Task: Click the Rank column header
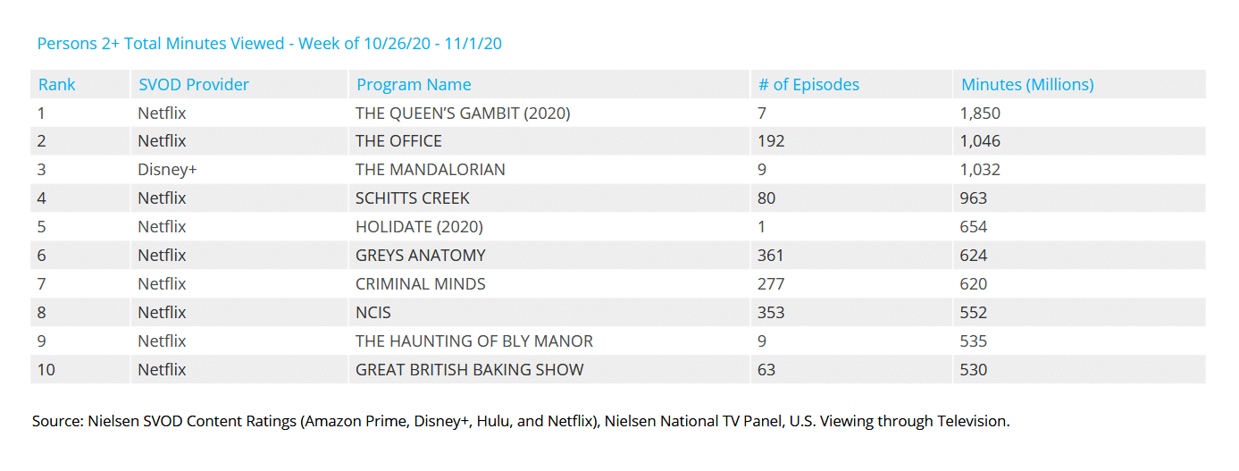point(56,85)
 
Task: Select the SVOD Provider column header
point(193,85)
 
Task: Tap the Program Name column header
point(414,85)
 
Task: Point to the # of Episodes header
point(808,85)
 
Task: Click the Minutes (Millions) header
point(1027,85)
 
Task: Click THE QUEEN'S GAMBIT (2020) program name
point(463,114)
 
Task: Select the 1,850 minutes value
point(981,114)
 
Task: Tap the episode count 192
point(771,141)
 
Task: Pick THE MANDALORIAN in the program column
point(430,170)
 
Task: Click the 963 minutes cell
point(974,198)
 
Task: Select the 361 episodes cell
point(771,256)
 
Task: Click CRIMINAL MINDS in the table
point(421,284)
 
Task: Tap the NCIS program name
point(373,313)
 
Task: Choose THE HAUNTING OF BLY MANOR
point(474,341)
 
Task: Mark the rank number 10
point(46,369)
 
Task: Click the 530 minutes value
point(974,369)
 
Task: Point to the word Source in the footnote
point(54,421)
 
